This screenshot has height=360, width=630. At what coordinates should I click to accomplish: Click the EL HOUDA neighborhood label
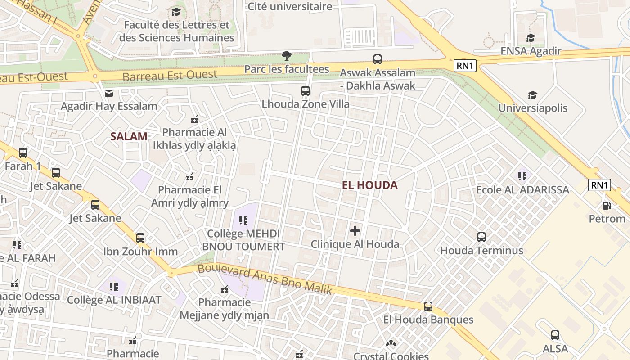(369, 185)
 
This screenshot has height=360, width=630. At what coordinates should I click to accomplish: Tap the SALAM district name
(129, 136)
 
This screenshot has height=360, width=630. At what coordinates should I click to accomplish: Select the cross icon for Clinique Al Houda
(355, 231)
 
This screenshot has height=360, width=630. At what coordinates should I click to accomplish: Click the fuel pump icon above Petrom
(607, 206)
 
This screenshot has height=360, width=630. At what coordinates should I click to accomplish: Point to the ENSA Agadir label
(531, 51)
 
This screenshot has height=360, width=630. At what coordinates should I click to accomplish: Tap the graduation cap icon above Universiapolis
(532, 95)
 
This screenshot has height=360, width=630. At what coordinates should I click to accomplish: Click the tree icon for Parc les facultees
(286, 56)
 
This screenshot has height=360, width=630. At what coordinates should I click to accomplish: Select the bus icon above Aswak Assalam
(377, 59)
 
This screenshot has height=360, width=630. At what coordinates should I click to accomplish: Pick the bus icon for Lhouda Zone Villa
(305, 91)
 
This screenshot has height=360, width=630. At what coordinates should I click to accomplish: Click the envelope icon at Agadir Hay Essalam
(109, 93)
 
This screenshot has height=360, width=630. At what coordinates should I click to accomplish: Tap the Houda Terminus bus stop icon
(481, 237)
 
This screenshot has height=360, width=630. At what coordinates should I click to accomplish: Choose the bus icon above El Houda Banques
(428, 306)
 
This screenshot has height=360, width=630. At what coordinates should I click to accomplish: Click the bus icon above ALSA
(555, 335)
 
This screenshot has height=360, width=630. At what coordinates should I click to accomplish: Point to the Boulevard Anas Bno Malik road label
(265, 279)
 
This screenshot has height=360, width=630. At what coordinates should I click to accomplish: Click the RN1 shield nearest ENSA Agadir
(465, 66)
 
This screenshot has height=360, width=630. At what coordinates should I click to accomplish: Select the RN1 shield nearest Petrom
(599, 185)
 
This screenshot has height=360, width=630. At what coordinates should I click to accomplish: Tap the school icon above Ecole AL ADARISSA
(522, 176)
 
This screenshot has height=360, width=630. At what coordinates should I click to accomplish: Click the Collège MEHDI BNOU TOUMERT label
(243, 240)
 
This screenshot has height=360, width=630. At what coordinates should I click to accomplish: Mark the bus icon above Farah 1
(22, 153)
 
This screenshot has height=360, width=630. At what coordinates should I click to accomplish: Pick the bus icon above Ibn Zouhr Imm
(140, 238)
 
